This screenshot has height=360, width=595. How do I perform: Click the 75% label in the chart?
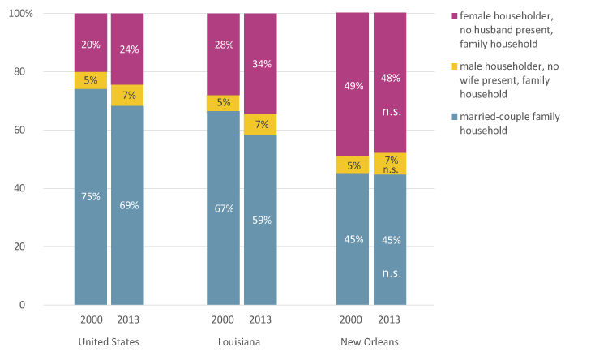tap(91, 196)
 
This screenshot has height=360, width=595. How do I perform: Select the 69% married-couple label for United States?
tap(129, 205)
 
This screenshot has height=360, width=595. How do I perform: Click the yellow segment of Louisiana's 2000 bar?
tap(224, 103)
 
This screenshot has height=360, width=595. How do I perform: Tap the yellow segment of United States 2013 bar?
tap(128, 96)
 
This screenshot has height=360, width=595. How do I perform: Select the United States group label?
tap(109, 342)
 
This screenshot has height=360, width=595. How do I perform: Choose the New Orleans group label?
tap(373, 342)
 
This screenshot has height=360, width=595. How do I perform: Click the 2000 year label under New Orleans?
tap(353, 319)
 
